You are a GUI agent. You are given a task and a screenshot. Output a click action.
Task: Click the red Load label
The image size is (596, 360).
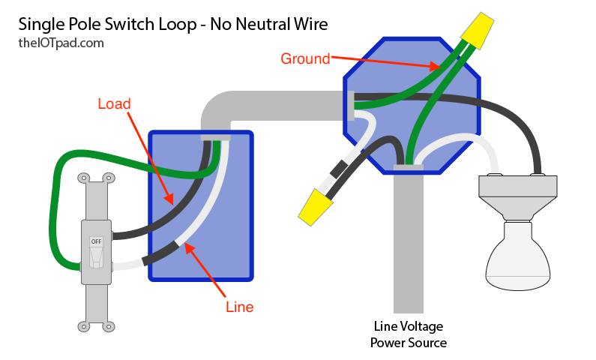[114, 103]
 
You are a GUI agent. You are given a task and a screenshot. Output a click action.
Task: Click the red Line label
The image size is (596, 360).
[239, 307]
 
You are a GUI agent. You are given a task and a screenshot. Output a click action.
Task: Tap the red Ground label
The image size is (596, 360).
[305, 59]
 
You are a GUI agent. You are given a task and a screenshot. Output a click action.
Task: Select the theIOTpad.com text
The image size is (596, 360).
[61, 43]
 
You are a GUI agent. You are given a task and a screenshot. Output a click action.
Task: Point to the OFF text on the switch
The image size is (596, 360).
[96, 241]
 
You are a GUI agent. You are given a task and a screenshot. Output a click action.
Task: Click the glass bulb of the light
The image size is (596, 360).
[519, 256]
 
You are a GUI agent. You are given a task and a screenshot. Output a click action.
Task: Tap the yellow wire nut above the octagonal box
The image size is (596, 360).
[478, 31]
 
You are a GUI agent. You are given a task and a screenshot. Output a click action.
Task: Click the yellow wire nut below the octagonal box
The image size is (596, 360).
[315, 207]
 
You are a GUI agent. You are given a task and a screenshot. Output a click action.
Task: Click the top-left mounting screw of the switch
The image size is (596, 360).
[84, 178]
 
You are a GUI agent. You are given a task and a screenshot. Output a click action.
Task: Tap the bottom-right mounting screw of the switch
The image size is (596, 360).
[109, 326]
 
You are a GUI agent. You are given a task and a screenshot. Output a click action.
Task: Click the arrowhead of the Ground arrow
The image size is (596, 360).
[435, 67]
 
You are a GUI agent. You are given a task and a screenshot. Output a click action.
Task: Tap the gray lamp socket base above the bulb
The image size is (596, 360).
[518, 198]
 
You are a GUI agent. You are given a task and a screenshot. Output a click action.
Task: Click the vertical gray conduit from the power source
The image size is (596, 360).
[409, 239]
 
